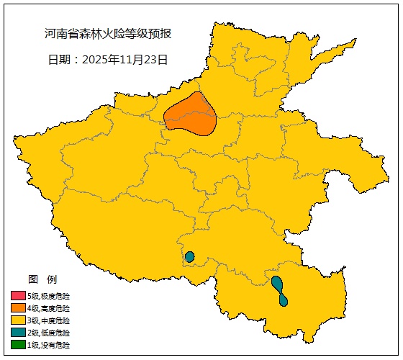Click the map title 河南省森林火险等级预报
pos(108,34)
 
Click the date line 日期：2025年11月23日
pos(108,60)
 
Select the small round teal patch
pos(190,257)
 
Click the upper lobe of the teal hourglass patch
pos(277,283)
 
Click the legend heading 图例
pos(42,279)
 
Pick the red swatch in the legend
pos(18,295)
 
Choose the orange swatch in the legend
pos(18,307)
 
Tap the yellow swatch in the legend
pos(18,320)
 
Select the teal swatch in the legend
pos(18,333)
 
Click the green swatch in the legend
pos(18,345)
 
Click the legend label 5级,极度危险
pos(49,295)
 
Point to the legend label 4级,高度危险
pos(49,307)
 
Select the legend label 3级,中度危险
pos(49,320)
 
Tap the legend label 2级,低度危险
pos(49,333)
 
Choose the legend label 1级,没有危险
pos(49,345)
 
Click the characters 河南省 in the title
pos(62,34)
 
